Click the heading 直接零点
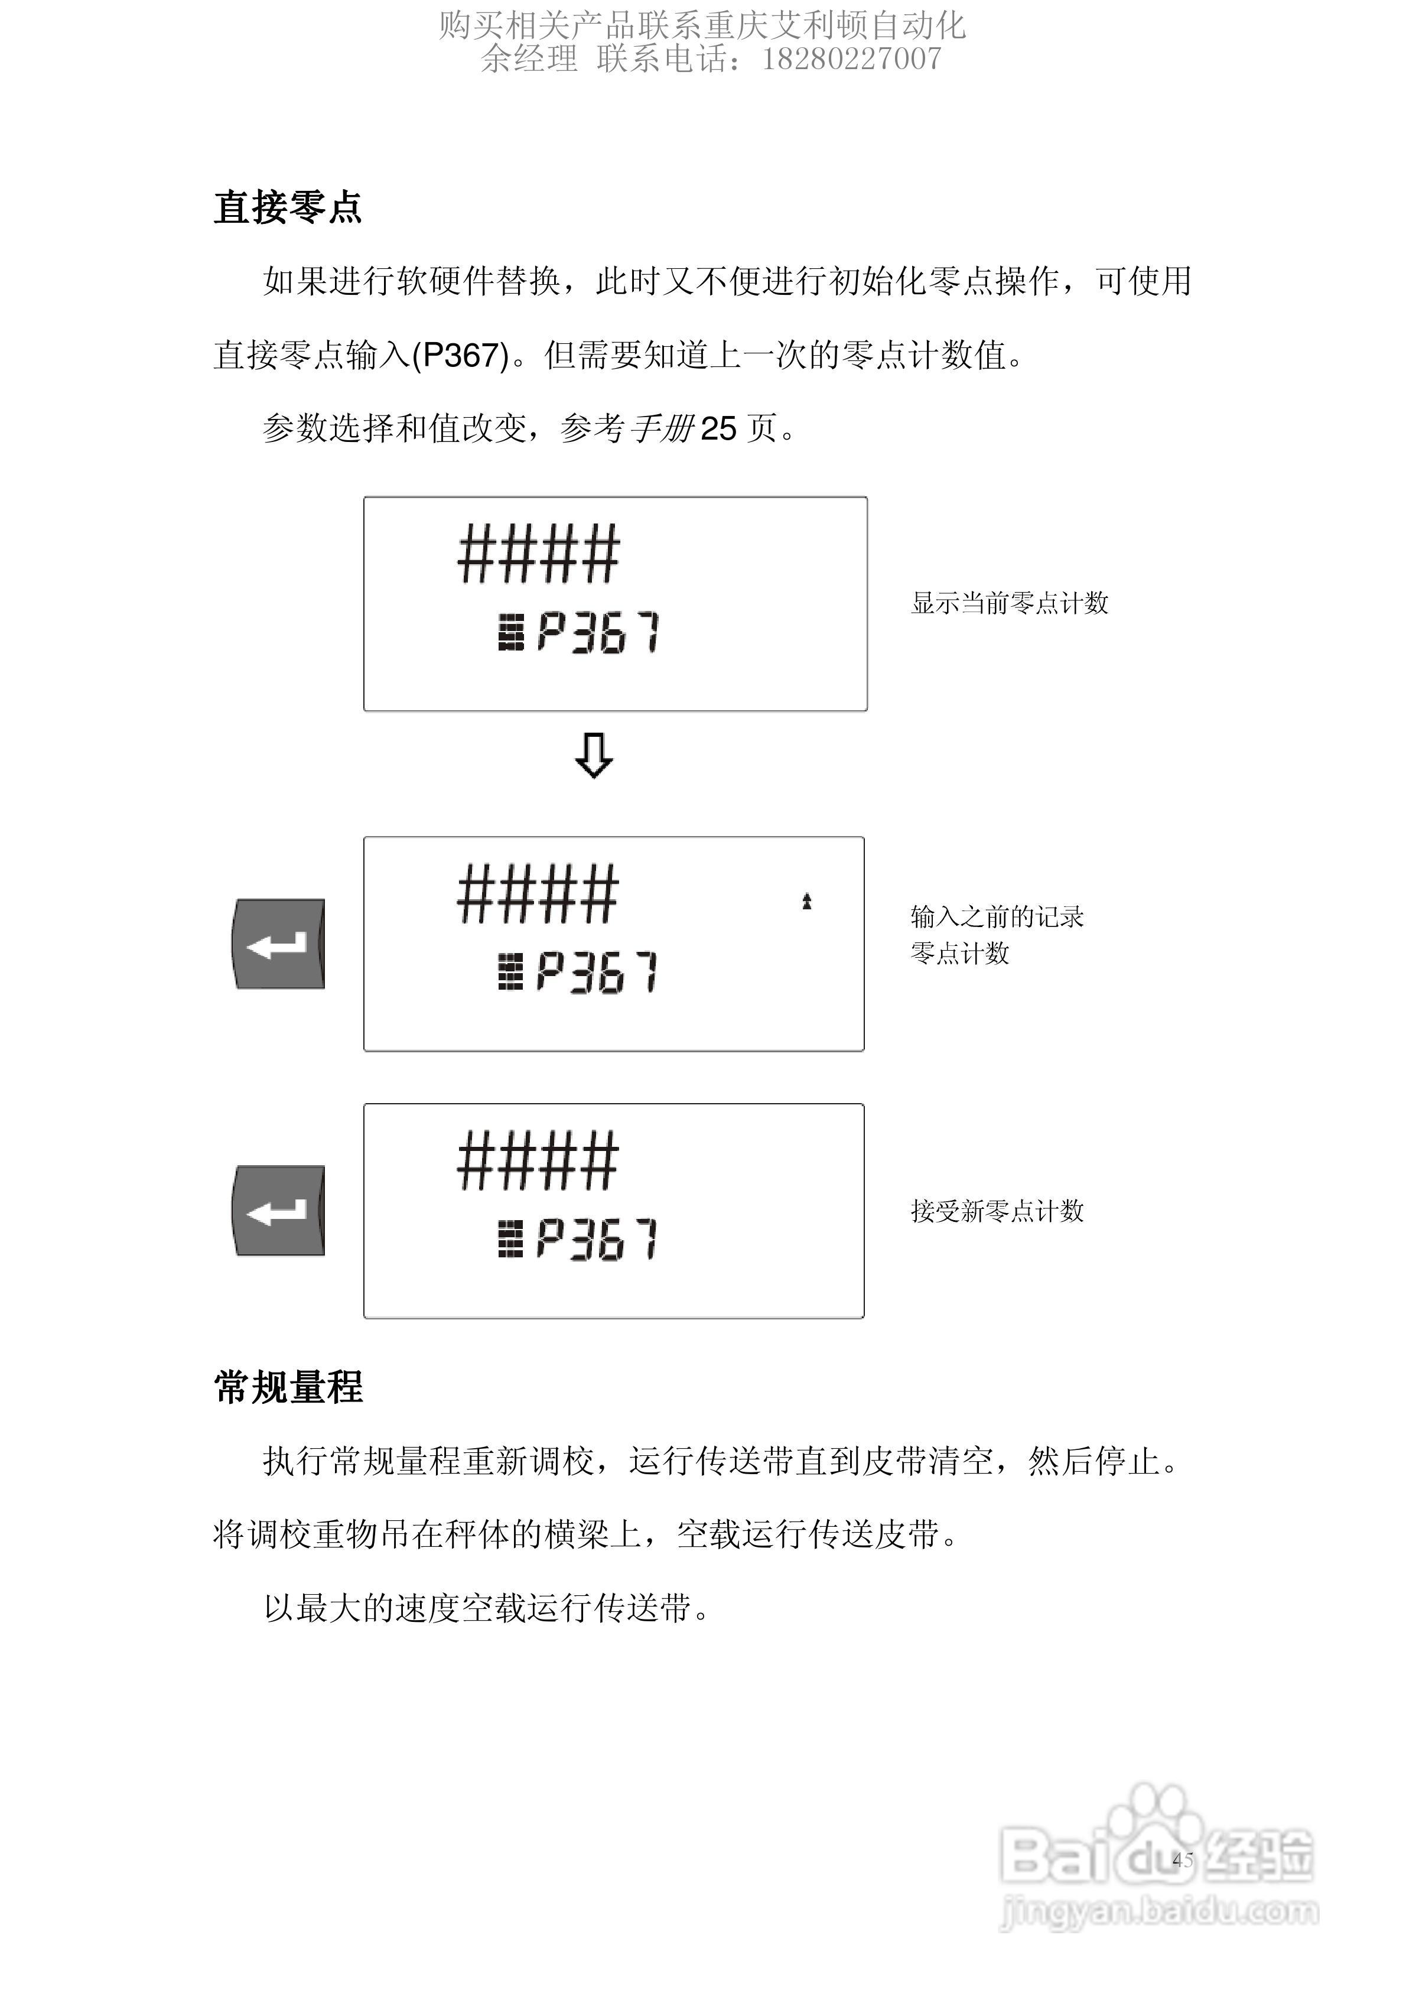tap(287, 208)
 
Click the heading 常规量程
tap(287, 1387)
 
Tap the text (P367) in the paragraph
tap(460, 355)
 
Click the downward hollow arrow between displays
tap(594, 756)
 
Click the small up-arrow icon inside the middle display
tap(806, 902)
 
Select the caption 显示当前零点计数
tap(1009, 603)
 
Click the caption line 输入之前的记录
tap(997, 916)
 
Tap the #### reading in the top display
tap(538, 555)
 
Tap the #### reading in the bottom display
tap(538, 1162)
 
